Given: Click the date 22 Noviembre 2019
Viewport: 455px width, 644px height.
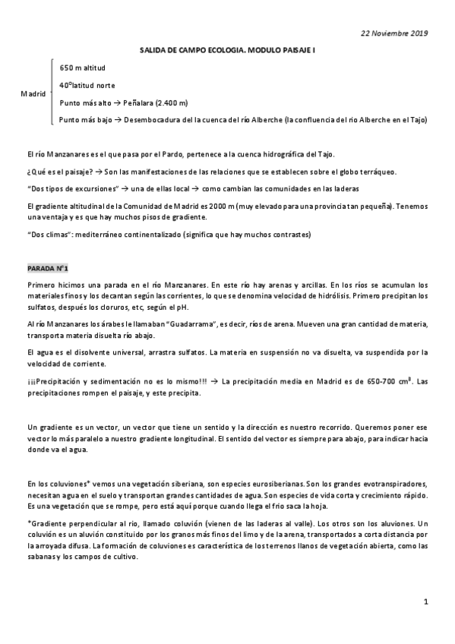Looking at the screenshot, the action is [394, 33].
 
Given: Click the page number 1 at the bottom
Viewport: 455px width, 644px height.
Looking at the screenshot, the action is [427, 601].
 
